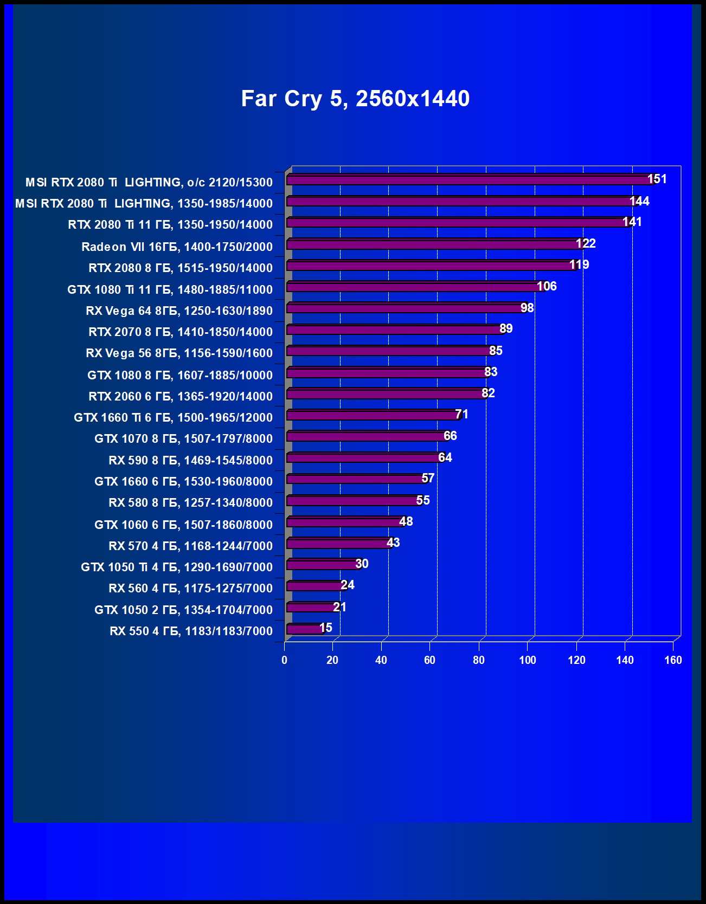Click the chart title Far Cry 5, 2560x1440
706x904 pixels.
(355, 99)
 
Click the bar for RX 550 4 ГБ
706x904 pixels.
(305, 629)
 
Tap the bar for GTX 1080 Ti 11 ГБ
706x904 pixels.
(415, 287)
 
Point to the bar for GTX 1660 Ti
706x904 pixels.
(373, 415)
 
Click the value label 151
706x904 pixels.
(657, 179)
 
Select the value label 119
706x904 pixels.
(579, 264)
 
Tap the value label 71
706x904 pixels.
(461, 414)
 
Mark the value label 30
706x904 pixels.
(362, 564)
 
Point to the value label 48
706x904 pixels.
(406, 521)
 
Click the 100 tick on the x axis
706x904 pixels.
(528, 660)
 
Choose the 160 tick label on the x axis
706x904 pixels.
(673, 660)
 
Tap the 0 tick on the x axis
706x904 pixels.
(284, 660)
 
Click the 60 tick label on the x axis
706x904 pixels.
(429, 660)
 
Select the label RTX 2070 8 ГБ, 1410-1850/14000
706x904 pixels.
(181, 332)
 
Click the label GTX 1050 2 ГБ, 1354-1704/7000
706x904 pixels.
(183, 610)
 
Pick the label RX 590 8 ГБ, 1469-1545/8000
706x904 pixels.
(190, 460)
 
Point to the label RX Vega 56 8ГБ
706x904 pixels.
(179, 353)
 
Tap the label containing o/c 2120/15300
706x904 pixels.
(149, 182)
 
